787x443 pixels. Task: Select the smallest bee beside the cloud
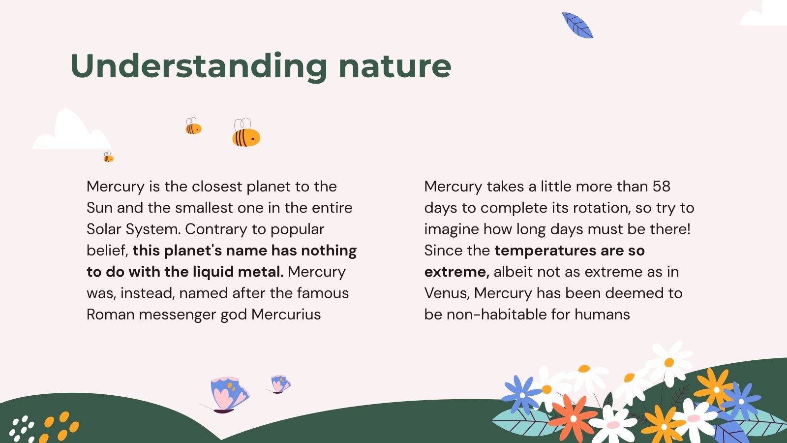click(x=108, y=158)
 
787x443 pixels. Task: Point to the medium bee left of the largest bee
click(x=193, y=127)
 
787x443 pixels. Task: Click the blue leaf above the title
click(x=577, y=26)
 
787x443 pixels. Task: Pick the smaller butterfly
click(x=280, y=384)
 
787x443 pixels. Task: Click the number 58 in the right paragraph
click(x=662, y=187)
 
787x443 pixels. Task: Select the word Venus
click(x=447, y=293)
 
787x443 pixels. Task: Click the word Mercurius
click(x=286, y=315)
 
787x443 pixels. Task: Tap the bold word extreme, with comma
click(x=456, y=272)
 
